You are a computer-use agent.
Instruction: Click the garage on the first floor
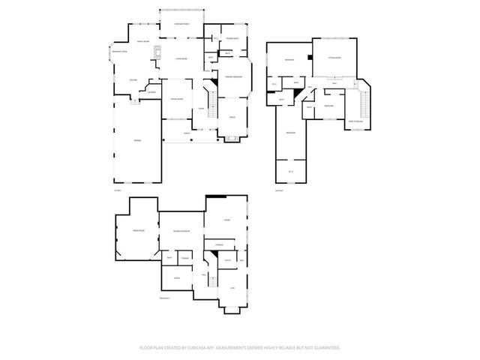point(138,140)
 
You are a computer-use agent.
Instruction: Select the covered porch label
point(181,25)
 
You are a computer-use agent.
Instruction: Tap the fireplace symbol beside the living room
point(157,53)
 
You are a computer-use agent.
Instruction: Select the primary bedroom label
point(232,77)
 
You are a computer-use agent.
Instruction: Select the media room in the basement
point(137,231)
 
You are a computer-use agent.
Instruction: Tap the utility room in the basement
point(226,260)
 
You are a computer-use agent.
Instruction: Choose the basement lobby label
point(232,288)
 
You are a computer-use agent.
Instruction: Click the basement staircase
point(211,281)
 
